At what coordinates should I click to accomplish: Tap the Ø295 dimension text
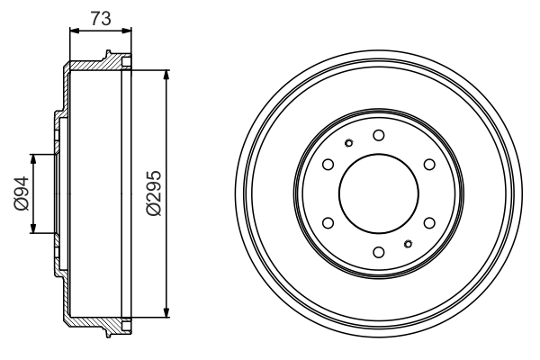tap(153, 193)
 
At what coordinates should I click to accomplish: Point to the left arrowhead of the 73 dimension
tap(73, 30)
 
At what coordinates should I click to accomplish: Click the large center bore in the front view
tap(378, 193)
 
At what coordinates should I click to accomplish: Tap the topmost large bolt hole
tap(378, 134)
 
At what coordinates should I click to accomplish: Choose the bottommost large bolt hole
tap(378, 251)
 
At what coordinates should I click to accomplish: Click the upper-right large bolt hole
tap(428, 163)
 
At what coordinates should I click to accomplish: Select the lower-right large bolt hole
tap(428, 221)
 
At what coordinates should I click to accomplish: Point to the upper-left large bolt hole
tap(328, 163)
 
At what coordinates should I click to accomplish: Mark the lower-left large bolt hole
tap(328, 221)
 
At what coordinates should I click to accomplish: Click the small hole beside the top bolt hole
tap(348, 142)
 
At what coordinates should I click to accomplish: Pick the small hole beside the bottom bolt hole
tap(408, 243)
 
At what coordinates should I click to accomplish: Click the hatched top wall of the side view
tap(94, 64)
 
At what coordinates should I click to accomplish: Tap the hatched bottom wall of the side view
tap(94, 321)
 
